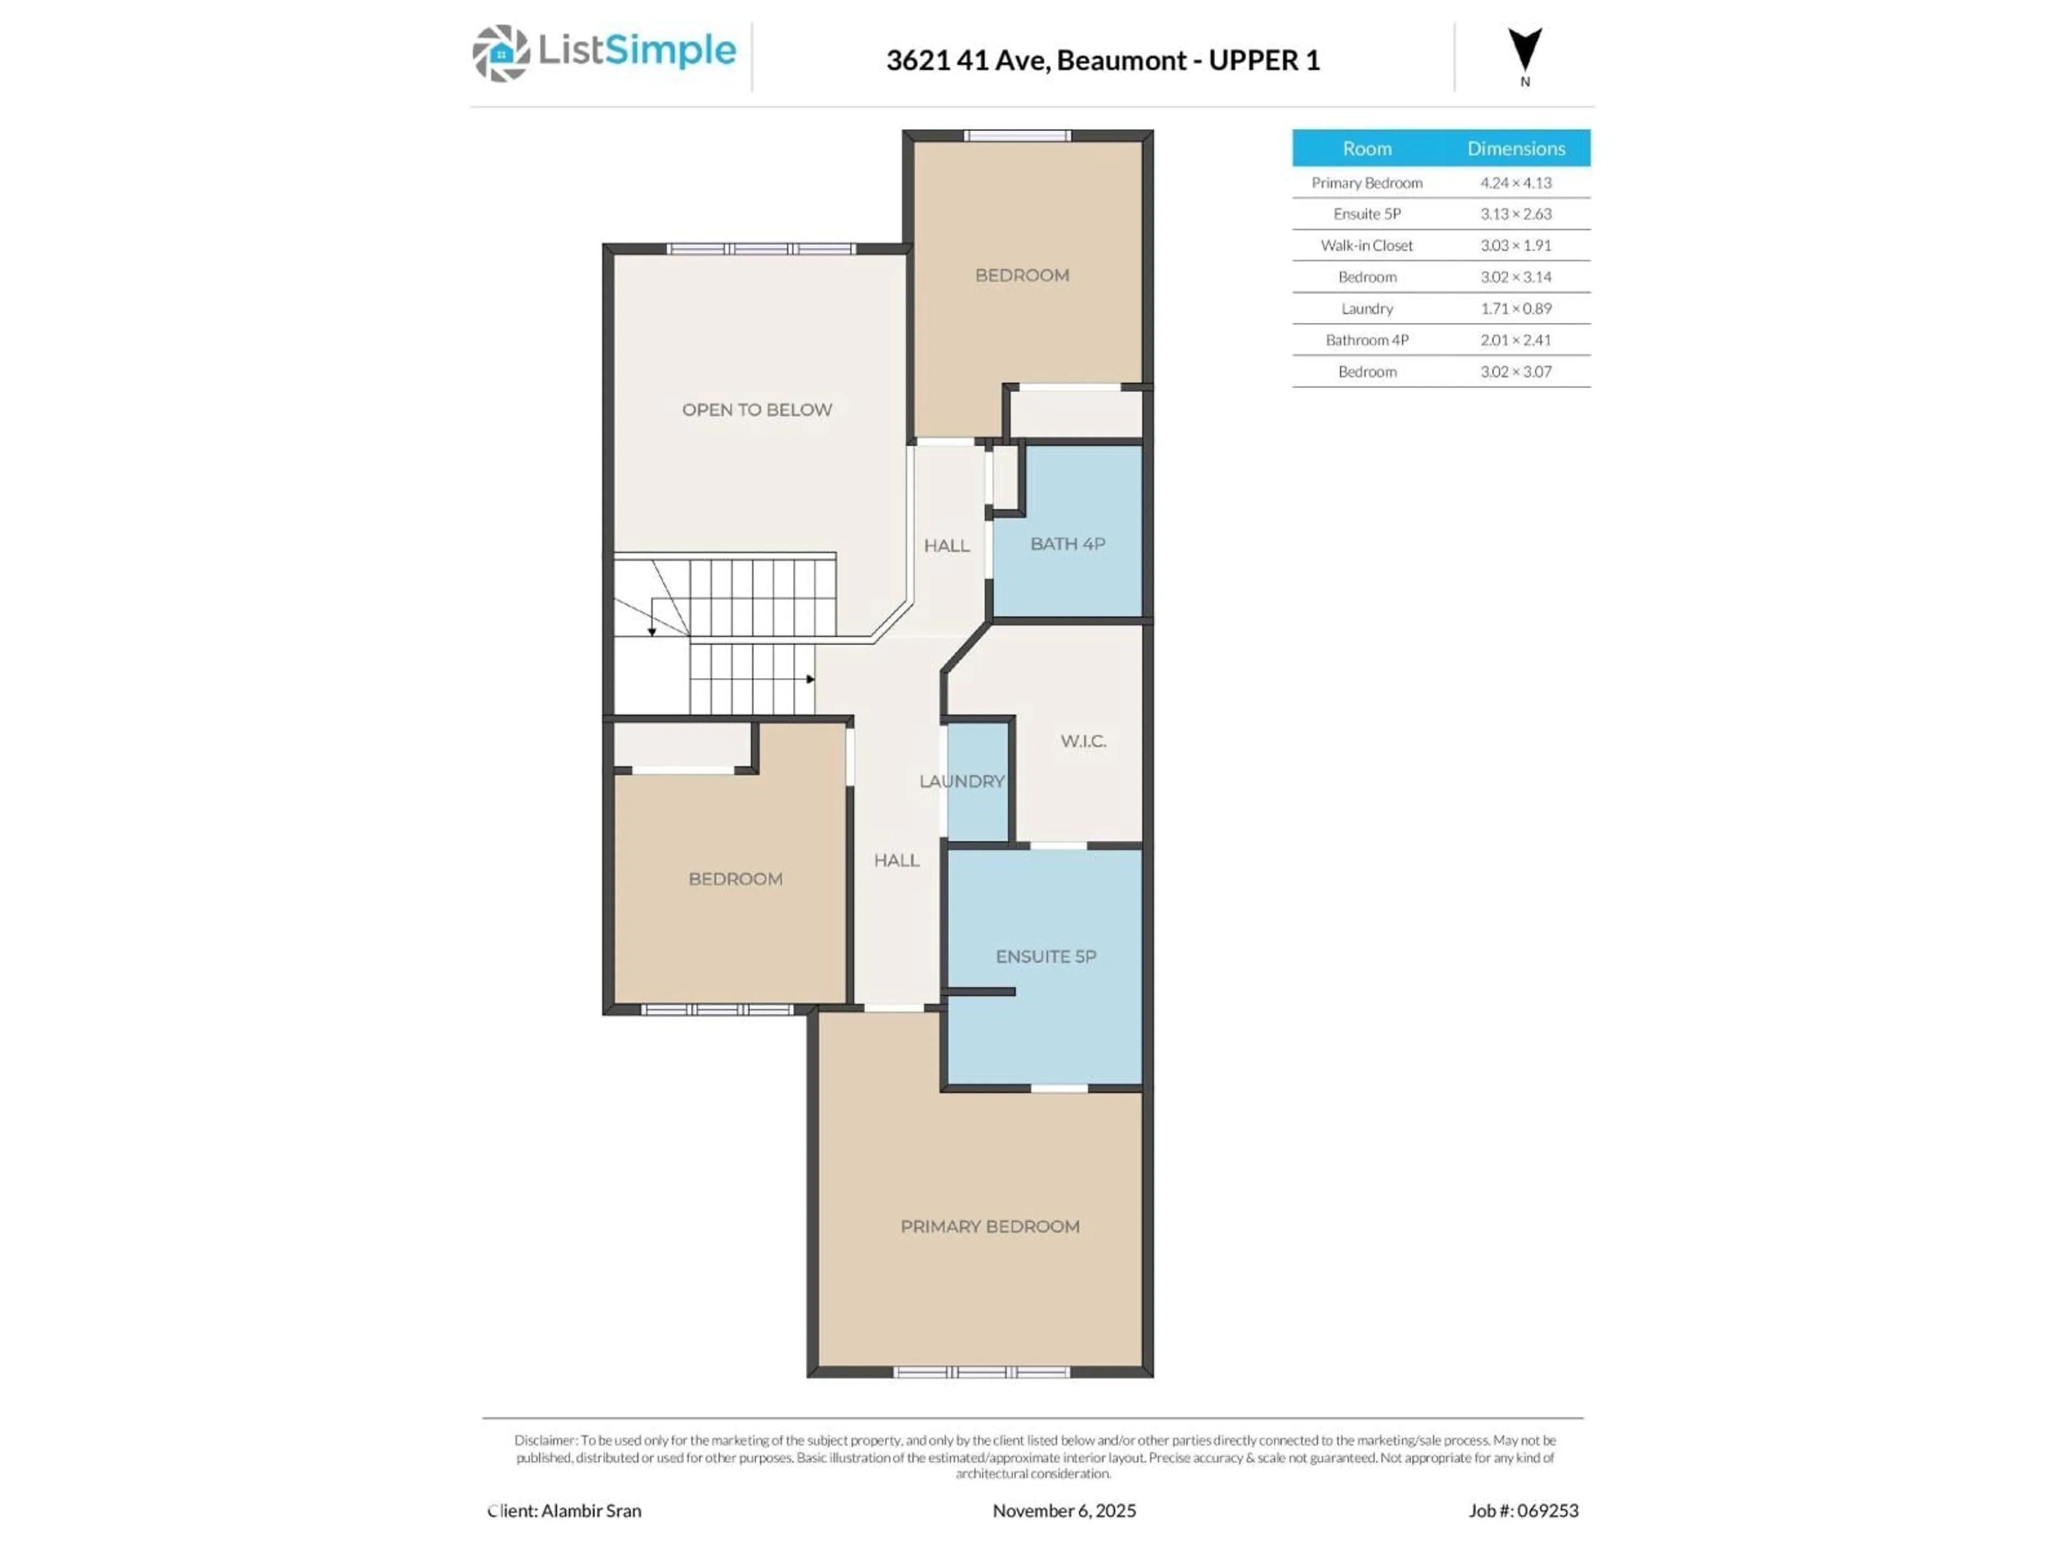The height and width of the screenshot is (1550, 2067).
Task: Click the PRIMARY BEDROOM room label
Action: [989, 1227]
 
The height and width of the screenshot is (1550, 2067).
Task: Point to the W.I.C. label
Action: [1083, 741]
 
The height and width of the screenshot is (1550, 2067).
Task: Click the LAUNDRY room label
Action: [961, 781]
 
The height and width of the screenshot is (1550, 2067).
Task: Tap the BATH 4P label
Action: [1067, 544]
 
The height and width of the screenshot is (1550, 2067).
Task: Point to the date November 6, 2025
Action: [1064, 1511]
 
